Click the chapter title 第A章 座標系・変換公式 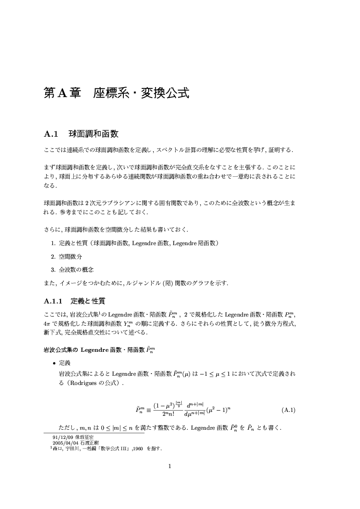[116, 93]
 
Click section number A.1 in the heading [51, 133]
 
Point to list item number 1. [53, 243]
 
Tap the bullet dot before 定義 [54, 363]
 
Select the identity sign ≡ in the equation [148, 410]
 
